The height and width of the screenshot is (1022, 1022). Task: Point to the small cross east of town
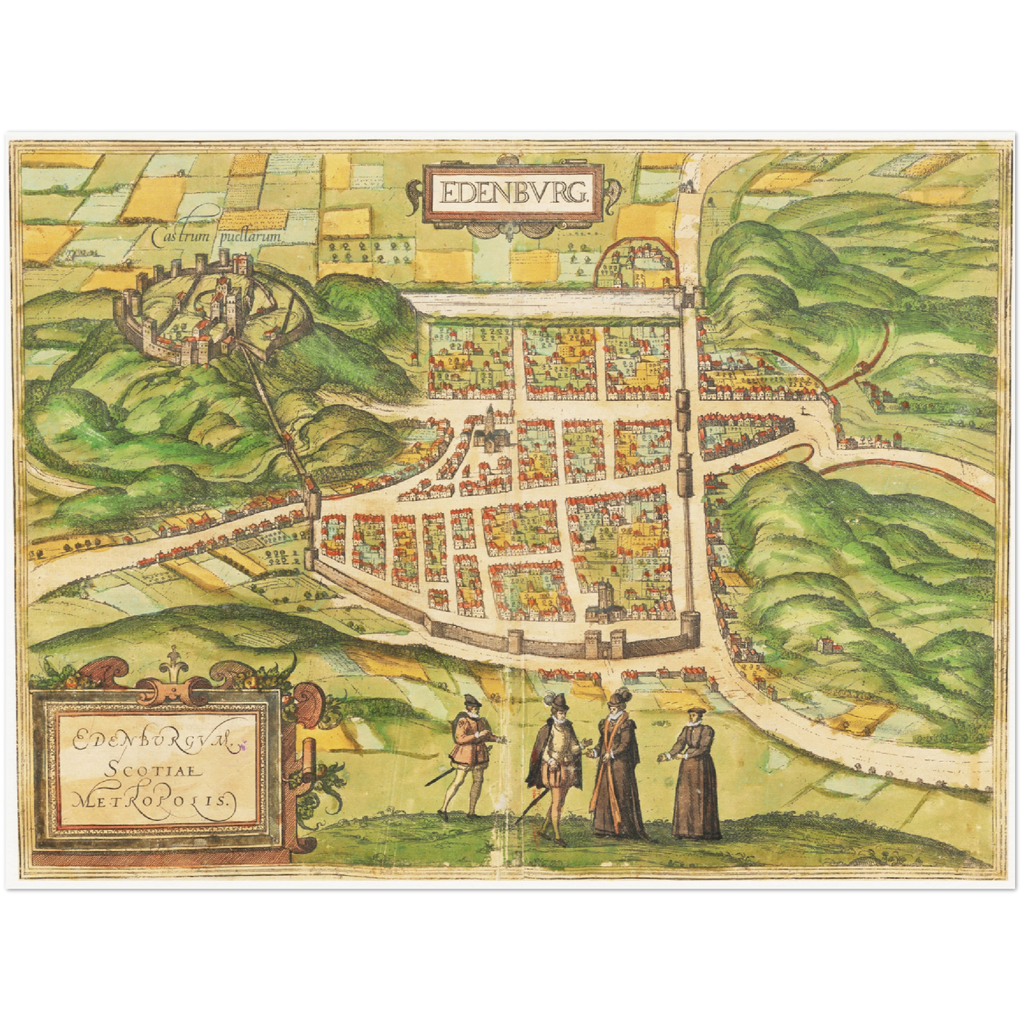tap(803, 413)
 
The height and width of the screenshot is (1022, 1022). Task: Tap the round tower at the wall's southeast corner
tap(691, 629)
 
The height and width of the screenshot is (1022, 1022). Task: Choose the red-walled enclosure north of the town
tap(633, 265)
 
